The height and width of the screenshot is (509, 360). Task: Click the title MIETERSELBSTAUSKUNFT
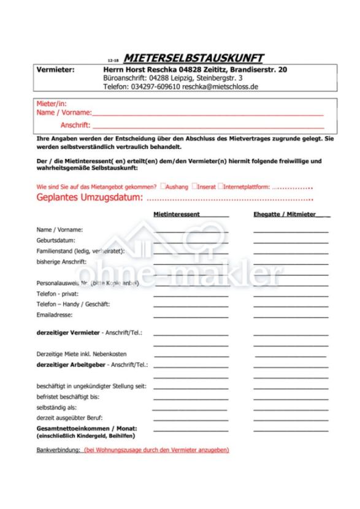pos(193,58)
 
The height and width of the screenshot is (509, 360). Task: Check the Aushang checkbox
pos(163,186)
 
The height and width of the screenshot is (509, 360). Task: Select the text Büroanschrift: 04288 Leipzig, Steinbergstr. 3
pos(172,78)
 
